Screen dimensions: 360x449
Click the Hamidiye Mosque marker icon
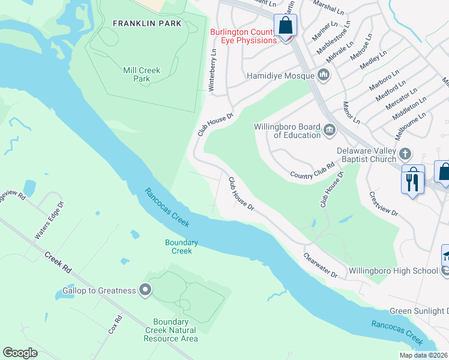[324, 76]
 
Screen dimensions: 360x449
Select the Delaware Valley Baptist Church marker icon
[406, 154]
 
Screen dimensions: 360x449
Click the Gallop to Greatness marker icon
[145, 290]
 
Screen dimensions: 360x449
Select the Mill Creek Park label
[142, 74]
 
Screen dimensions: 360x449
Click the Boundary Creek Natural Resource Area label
[170, 330]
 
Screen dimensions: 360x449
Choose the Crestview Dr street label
[384, 204]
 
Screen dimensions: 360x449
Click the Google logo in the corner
[20, 353]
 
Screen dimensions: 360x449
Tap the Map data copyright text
[423, 355]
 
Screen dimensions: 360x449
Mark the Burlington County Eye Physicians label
[243, 36]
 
